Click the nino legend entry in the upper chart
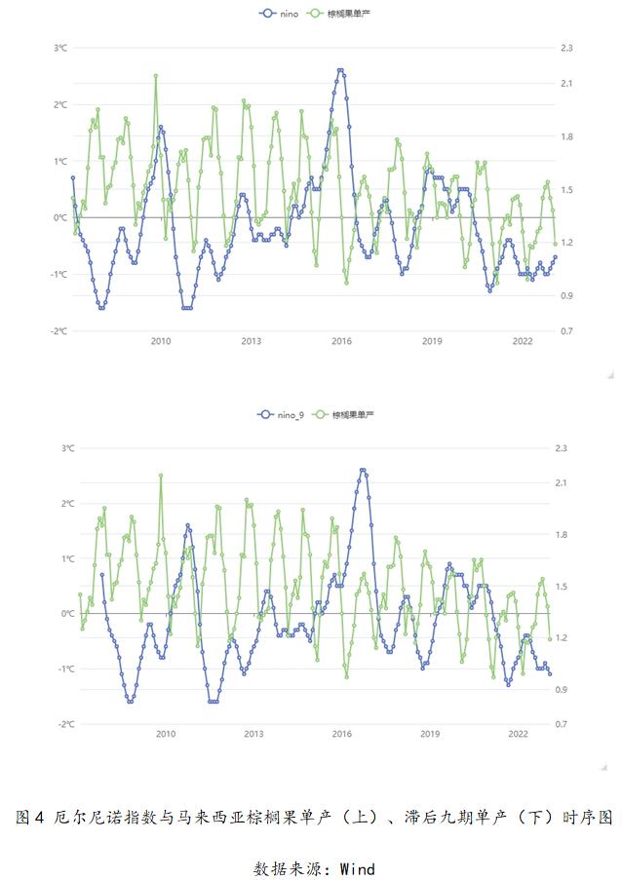pyautogui.click(x=279, y=13)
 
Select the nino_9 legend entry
pyautogui.click(x=280, y=415)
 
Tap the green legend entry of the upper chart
pyautogui.click(x=339, y=13)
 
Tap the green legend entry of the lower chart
pyautogui.click(x=343, y=415)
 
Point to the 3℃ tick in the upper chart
pyautogui.click(x=60, y=49)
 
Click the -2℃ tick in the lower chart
pyautogui.click(x=66, y=724)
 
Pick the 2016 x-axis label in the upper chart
pyautogui.click(x=341, y=341)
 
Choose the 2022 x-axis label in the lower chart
pyautogui.click(x=518, y=734)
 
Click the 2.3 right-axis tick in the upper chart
pyautogui.click(x=566, y=49)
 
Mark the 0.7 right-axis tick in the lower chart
pyautogui.click(x=562, y=724)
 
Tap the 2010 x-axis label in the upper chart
pyautogui.click(x=161, y=341)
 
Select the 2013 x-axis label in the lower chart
pyautogui.click(x=253, y=734)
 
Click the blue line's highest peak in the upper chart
pyautogui.click(x=340, y=70)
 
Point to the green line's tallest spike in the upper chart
pyautogui.click(x=156, y=76)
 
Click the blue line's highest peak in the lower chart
pyautogui.click(x=363, y=471)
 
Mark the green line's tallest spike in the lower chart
pyautogui.click(x=161, y=476)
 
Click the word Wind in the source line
pyautogui.click(x=358, y=868)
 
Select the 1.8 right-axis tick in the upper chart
pyautogui.click(x=566, y=137)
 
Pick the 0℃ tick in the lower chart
pyautogui.click(x=68, y=614)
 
